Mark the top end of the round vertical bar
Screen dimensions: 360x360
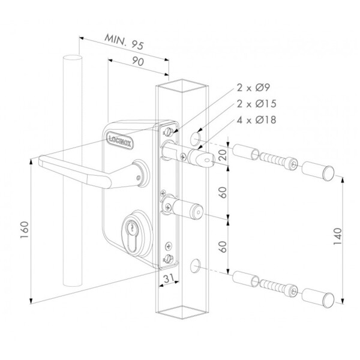(72, 58)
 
